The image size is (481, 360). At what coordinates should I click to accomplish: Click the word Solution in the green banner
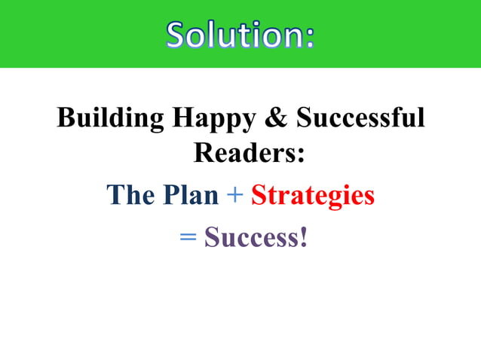233,35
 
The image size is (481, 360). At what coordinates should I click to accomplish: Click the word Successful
360,118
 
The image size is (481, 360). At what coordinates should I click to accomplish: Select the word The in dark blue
131,195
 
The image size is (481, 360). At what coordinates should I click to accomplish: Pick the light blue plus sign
234,196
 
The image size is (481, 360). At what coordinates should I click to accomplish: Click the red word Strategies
313,196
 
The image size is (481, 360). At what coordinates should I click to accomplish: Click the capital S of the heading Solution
178,35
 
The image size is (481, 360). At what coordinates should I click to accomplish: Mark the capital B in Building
65,118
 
